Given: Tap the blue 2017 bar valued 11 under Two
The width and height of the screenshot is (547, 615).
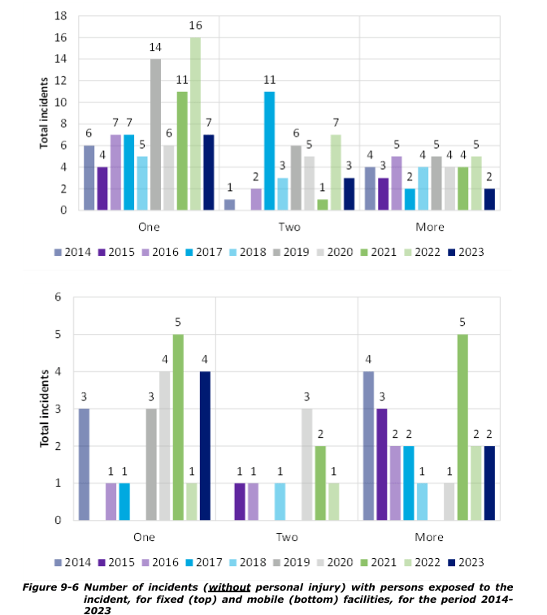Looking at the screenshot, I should point(269,151).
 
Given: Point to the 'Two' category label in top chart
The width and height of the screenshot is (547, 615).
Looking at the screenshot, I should point(289,227).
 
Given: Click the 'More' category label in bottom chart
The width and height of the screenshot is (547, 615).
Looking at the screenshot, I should point(429,537).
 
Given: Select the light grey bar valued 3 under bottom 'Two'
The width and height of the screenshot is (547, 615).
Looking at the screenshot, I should point(307,464).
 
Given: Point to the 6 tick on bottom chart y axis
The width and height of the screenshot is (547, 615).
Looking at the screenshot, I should point(58,297).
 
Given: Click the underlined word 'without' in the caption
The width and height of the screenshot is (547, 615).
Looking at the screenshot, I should point(229,587).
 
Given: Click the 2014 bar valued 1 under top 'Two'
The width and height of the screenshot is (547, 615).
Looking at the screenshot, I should point(229,205).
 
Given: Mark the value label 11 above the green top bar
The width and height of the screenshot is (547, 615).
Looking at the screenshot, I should point(182,80).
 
